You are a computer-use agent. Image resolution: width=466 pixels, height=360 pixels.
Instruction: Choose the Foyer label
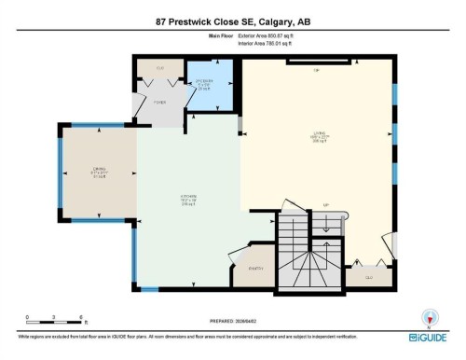(159, 103)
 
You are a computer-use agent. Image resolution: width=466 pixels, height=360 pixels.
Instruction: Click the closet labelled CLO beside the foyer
(159, 70)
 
